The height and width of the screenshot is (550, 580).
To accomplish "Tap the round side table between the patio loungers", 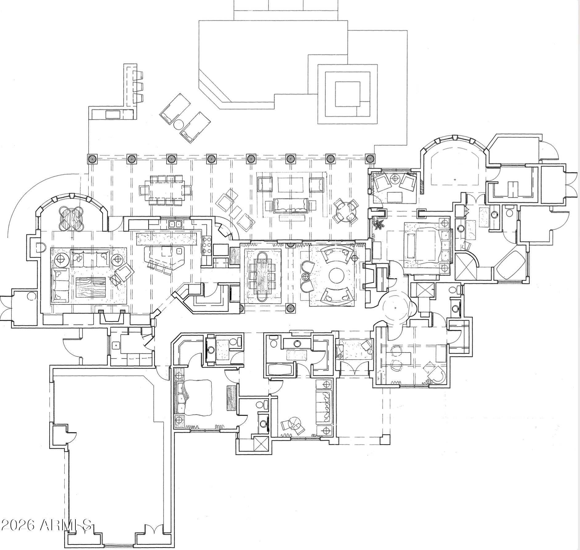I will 178,125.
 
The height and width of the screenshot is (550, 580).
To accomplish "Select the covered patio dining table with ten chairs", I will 165,190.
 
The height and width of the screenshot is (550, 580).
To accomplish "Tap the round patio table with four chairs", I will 346,211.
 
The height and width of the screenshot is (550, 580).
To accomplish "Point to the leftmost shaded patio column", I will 92,159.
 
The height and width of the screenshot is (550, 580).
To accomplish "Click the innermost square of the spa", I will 348,94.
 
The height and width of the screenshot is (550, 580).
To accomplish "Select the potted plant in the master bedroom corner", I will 378,224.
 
